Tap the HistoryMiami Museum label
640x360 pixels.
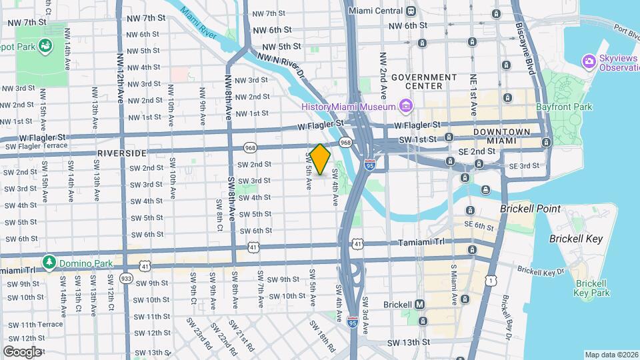point(349,107)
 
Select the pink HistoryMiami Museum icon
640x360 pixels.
point(405,106)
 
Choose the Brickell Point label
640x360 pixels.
point(531,209)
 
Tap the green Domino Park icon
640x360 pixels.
point(49,262)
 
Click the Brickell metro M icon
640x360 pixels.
point(420,305)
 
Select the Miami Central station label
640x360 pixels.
point(376,11)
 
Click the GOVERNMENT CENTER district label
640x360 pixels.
point(424,81)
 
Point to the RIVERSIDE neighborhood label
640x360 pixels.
point(121,153)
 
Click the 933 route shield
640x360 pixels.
point(125,277)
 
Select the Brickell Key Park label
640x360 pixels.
point(592,288)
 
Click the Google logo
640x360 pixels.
point(22,352)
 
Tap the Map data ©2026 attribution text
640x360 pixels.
point(611,355)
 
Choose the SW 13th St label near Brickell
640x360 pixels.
point(408,342)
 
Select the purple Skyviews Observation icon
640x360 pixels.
point(589,62)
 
